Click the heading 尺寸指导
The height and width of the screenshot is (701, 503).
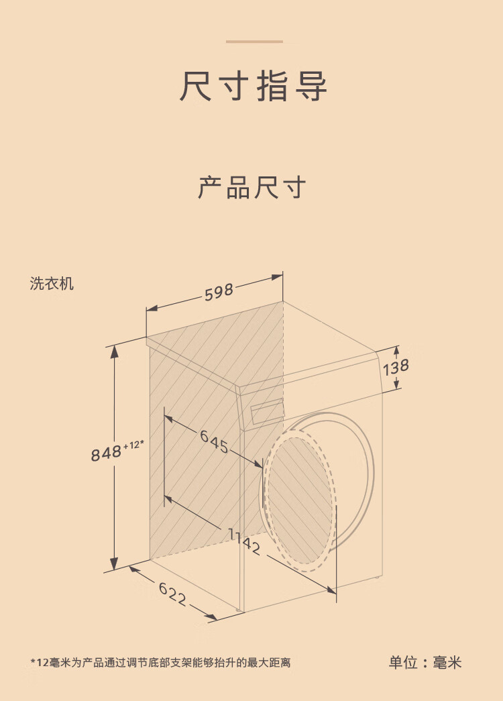[253, 87]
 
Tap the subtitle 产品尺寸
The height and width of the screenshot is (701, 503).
[251, 187]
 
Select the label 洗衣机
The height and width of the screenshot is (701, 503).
[52, 284]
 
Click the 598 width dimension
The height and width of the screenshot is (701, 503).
[219, 292]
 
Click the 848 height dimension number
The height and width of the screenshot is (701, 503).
[106, 453]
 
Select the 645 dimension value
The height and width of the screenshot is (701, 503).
[214, 441]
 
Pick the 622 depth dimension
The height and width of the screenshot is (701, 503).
[172, 594]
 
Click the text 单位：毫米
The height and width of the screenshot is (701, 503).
[425, 663]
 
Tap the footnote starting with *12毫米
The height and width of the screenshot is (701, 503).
[160, 663]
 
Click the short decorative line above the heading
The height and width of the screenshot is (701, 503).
[254, 42]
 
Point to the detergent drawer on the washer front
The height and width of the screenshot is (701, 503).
[266, 412]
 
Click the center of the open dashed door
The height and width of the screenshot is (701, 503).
[298, 500]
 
